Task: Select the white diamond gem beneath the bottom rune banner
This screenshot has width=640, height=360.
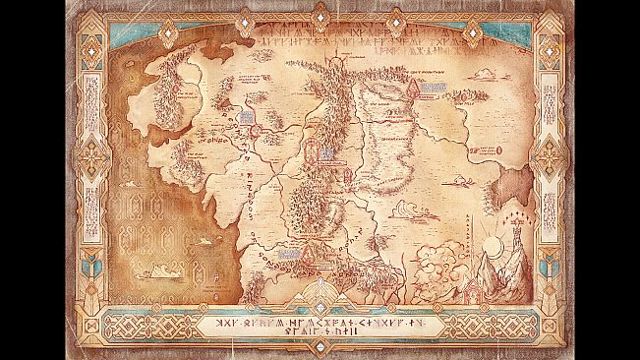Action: [320, 350]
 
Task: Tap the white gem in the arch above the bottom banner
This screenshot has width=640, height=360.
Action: [320, 284]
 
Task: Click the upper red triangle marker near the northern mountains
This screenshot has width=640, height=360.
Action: [415, 89]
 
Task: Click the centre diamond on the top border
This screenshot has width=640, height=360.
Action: [320, 13]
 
